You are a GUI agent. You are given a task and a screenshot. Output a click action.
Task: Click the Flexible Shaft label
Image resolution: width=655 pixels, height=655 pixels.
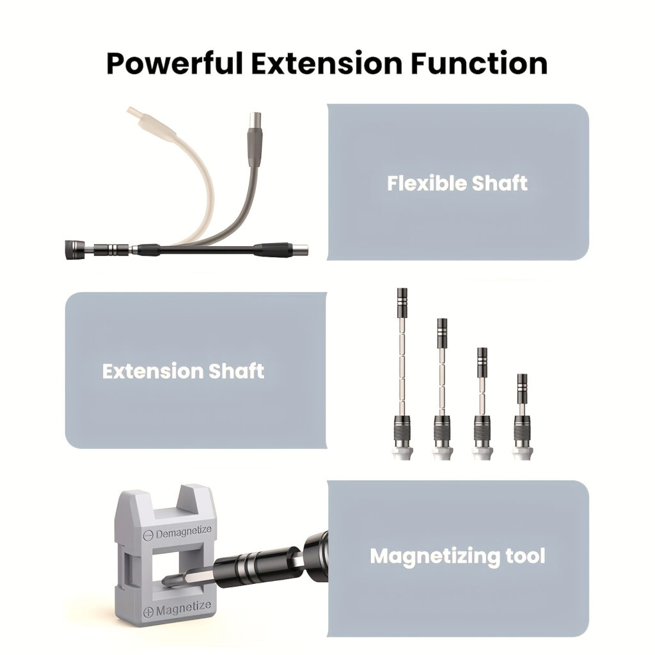click(x=457, y=183)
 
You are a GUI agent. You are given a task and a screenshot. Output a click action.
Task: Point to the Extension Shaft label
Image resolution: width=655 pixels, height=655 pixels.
click(x=183, y=371)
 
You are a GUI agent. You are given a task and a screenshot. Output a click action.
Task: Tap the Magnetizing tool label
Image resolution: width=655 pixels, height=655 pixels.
click(x=457, y=555)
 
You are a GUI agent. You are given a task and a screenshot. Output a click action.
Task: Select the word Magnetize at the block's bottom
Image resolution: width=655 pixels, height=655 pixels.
click(x=183, y=608)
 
